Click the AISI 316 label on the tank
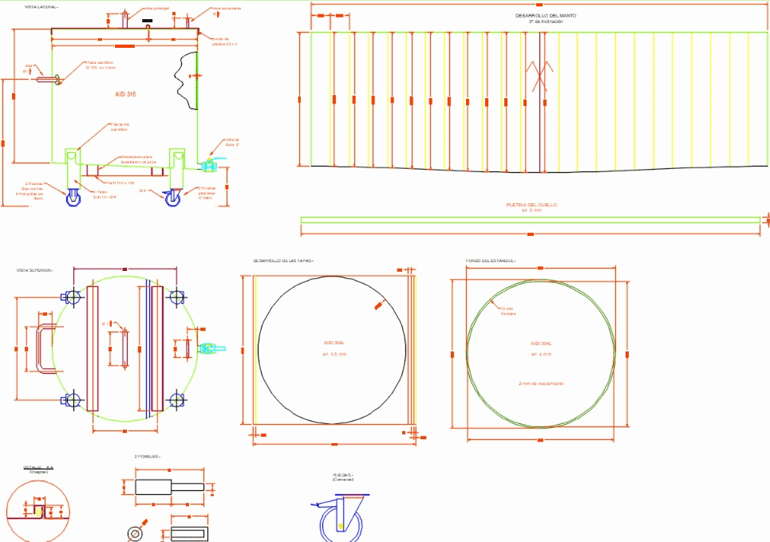(125, 94)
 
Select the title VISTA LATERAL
(41, 6)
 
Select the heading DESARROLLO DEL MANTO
(546, 15)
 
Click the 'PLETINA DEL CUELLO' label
(531, 205)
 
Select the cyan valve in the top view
(209, 348)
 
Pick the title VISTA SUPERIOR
(34, 270)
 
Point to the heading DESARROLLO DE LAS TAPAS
(283, 261)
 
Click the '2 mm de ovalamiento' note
(541, 383)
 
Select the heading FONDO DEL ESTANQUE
(491, 261)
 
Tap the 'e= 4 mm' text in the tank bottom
(541, 353)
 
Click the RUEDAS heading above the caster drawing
(342, 475)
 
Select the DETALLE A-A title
(38, 467)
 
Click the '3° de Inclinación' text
(546, 22)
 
